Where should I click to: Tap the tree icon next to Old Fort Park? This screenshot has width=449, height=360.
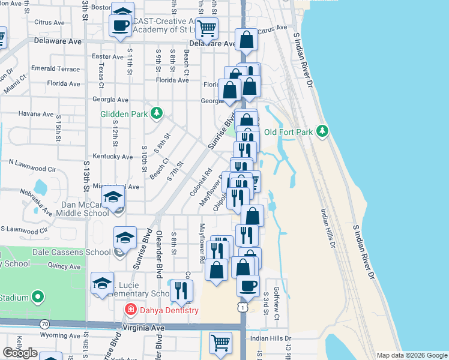click(x=322, y=131)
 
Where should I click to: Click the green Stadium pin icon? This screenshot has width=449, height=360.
click(x=38, y=297)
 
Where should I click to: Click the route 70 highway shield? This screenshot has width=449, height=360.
click(x=44, y=324)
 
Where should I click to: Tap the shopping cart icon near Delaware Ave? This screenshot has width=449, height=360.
click(x=207, y=27)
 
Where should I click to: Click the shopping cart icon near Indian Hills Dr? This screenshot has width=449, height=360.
click(x=220, y=343)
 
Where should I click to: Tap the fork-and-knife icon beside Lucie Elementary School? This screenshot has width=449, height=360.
click(x=180, y=290)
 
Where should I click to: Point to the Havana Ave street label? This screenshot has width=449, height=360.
click(x=35, y=113)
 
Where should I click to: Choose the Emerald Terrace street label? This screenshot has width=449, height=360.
click(x=56, y=69)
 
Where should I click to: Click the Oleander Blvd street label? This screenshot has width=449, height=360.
click(x=160, y=246)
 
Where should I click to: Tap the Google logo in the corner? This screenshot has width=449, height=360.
click(x=20, y=353)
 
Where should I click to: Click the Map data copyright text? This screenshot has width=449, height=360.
click(x=411, y=355)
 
